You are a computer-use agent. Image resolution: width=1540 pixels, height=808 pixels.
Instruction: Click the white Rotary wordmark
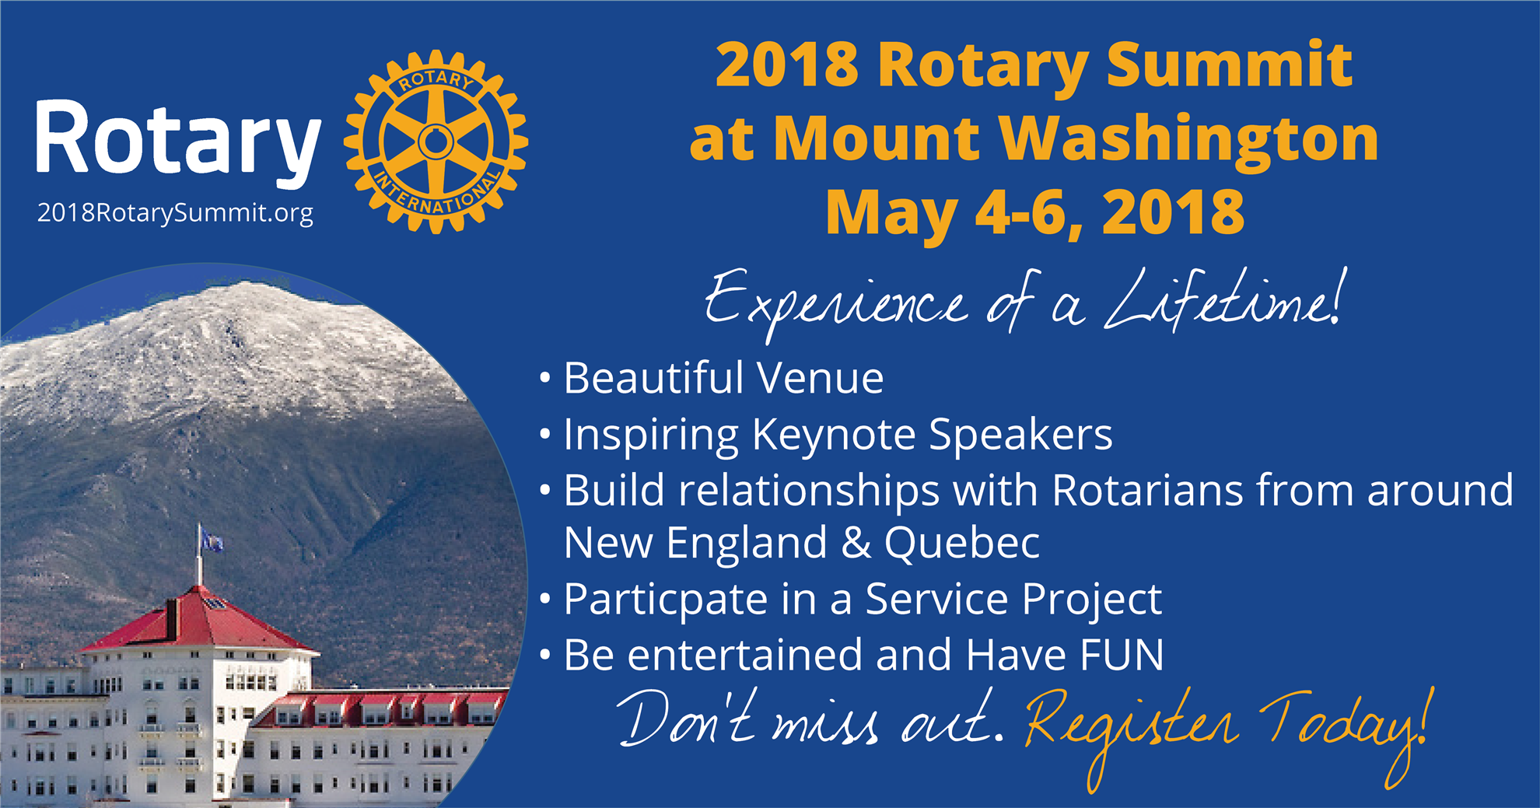click(x=178, y=141)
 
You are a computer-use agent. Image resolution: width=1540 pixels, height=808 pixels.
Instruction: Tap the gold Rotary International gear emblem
click(x=436, y=142)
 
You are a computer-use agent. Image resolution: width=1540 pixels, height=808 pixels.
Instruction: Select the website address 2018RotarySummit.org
click(x=175, y=213)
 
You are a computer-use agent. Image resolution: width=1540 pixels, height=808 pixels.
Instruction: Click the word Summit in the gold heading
click(x=1230, y=65)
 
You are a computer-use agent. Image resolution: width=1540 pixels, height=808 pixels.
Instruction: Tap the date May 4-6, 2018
click(x=1035, y=212)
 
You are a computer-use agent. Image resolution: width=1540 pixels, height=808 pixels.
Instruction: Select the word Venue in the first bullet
click(x=821, y=379)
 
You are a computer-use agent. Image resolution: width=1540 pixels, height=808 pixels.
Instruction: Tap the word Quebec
click(x=962, y=544)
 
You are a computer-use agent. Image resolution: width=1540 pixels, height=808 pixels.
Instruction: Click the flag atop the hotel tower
click(x=210, y=539)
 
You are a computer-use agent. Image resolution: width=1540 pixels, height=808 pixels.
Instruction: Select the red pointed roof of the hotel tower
click(x=196, y=620)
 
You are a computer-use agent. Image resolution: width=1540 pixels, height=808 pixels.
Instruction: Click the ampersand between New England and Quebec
click(x=856, y=543)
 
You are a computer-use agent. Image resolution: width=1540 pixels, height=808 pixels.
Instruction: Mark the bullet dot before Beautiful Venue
click(x=545, y=379)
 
